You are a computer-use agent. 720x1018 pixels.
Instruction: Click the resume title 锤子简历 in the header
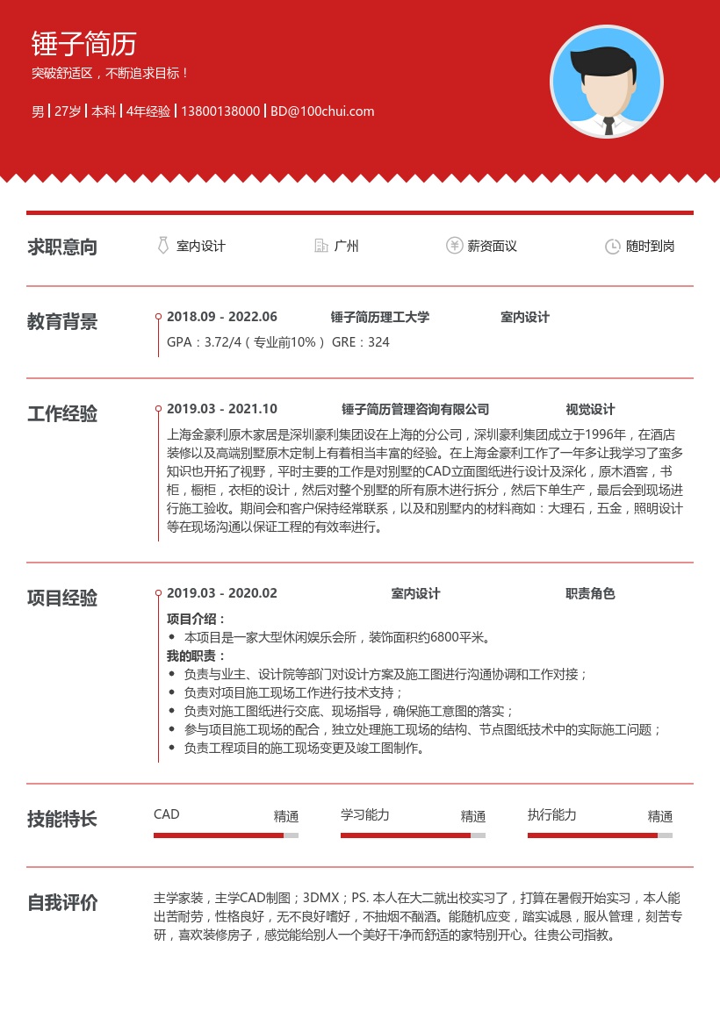(83, 43)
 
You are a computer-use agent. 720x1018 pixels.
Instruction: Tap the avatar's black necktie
(608, 125)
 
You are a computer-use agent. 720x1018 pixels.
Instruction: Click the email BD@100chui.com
(322, 111)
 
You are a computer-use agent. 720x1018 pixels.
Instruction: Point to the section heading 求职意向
(62, 247)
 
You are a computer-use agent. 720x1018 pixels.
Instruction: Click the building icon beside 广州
(321, 246)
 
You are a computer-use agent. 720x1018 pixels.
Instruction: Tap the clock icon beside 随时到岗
(613, 247)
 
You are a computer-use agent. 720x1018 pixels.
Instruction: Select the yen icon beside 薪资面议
(454, 246)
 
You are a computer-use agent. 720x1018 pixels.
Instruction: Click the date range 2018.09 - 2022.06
(221, 317)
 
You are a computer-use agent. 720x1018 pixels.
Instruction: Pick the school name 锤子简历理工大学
(379, 317)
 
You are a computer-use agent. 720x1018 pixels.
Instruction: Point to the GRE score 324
(378, 342)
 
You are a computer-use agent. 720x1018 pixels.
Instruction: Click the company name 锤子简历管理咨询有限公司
(414, 409)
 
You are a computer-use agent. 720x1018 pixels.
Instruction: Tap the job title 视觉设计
(590, 409)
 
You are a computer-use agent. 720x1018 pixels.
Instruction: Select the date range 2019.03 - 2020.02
(221, 593)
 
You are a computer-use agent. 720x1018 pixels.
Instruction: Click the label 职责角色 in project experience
(590, 593)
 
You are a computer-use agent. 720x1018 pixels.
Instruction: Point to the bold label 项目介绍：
(197, 619)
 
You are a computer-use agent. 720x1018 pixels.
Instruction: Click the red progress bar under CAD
(219, 835)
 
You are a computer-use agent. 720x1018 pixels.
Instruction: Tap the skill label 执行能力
(551, 815)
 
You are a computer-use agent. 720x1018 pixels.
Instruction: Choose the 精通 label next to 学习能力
(473, 816)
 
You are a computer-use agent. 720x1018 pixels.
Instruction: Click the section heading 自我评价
(62, 902)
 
